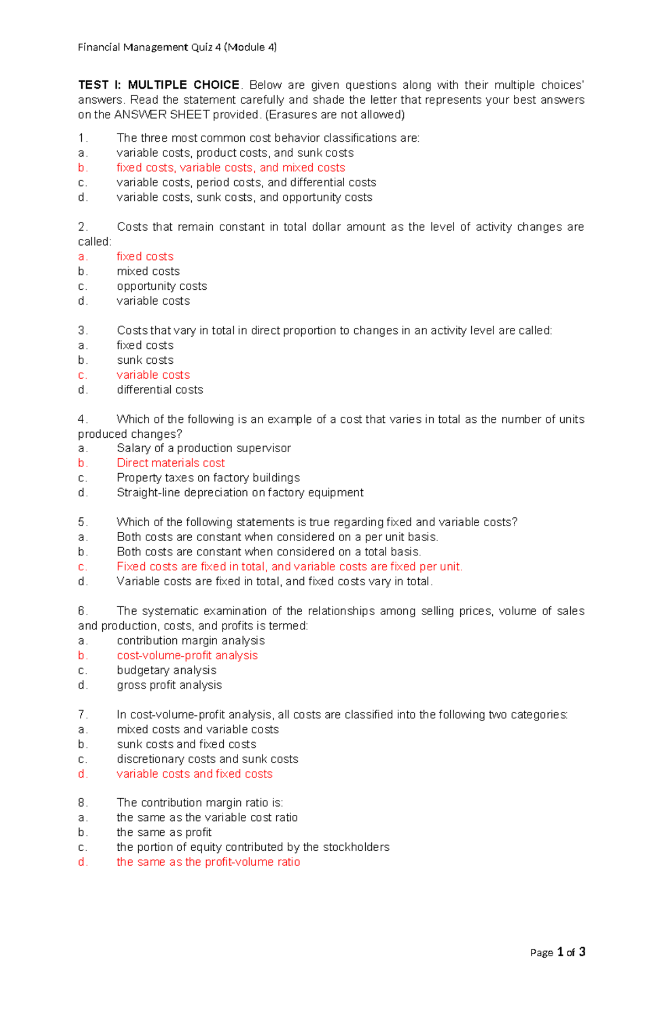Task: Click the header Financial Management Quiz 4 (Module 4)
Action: click(x=177, y=47)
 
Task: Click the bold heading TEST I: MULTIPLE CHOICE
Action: click(x=159, y=85)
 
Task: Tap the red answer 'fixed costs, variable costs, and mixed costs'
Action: click(x=230, y=168)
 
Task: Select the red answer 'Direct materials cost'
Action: click(x=171, y=463)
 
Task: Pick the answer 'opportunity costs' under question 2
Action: click(x=162, y=286)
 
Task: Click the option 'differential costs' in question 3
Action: click(x=160, y=390)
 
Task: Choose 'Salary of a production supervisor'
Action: click(x=203, y=448)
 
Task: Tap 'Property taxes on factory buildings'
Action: click(x=208, y=478)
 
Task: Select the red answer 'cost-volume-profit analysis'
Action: click(x=187, y=655)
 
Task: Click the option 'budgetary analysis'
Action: click(x=166, y=670)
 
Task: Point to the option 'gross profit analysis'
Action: click(x=169, y=685)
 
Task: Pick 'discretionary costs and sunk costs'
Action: click(x=207, y=759)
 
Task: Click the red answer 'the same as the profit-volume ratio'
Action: click(x=208, y=862)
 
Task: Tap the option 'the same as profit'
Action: click(x=164, y=832)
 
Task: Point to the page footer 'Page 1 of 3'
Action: click(x=557, y=952)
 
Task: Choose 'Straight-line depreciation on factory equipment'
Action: click(x=240, y=492)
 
